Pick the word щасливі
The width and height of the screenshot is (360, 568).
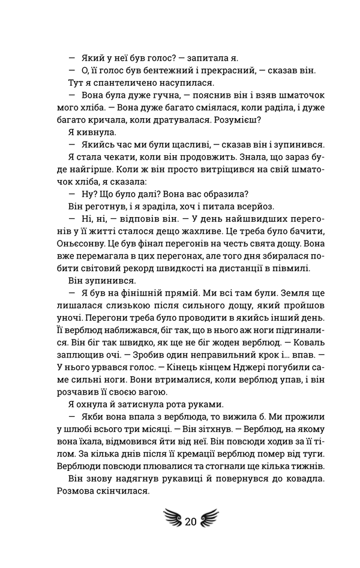pyautogui.click(x=184, y=146)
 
